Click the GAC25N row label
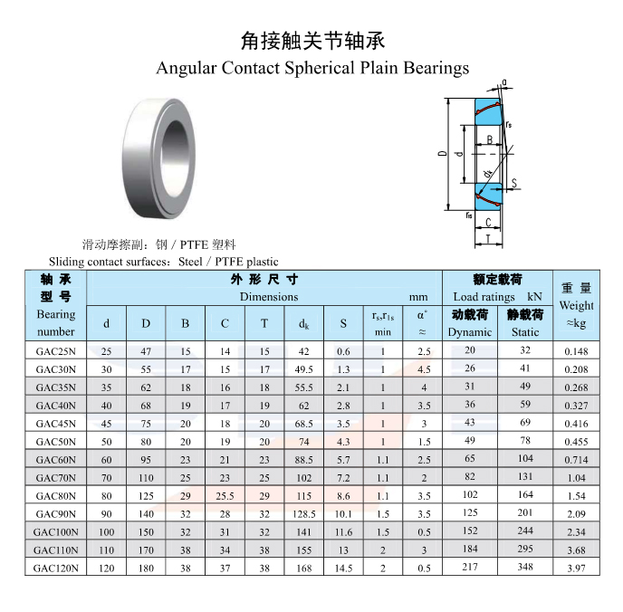(55, 351)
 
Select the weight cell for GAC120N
(576, 569)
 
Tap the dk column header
(304, 324)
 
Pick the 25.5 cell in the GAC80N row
(225, 496)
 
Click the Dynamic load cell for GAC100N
(470, 531)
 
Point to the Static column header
(525, 332)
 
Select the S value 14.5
(343, 569)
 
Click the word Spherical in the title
(319, 68)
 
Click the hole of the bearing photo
(174, 159)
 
